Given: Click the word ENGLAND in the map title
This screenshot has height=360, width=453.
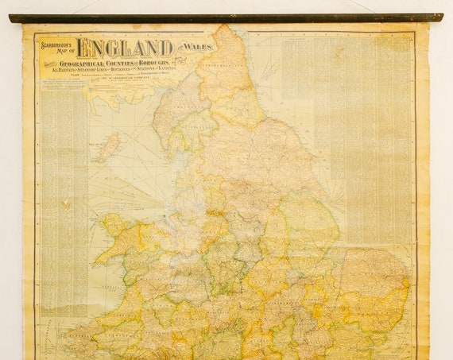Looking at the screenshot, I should (124, 48).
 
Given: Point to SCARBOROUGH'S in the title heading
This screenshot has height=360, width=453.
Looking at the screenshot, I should (57, 45).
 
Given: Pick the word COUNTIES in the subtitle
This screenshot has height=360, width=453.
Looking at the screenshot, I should (136, 63).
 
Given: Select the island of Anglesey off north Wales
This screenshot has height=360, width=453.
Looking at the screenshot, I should (109, 226).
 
